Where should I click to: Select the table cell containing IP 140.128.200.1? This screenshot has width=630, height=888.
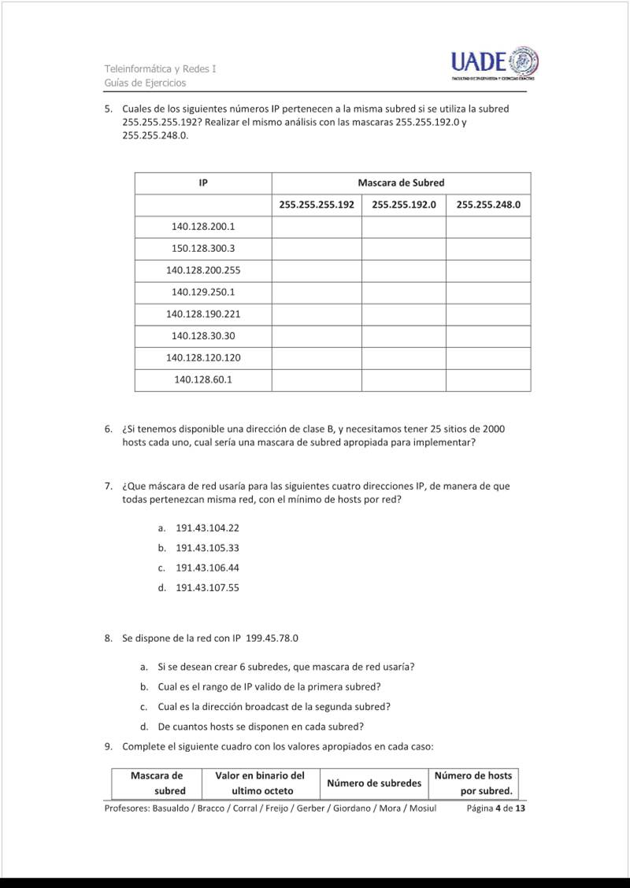coord(203,227)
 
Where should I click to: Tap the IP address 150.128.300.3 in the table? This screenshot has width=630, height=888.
coord(203,249)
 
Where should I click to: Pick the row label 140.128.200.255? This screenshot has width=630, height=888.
coord(203,270)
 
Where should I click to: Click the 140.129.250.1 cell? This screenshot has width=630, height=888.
coord(203,292)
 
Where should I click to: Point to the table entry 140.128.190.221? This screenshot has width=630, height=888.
coord(203,314)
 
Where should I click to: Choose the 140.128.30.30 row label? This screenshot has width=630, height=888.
coord(203,336)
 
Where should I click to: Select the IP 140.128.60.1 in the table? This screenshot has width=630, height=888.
coord(203,379)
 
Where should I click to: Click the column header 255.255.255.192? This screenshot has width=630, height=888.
coord(317,205)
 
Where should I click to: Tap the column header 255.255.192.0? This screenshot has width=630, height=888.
coord(404,205)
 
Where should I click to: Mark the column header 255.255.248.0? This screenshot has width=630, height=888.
coord(488,205)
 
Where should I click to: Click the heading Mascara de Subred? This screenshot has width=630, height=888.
coord(401,183)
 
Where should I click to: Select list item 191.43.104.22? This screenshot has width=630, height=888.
coord(207,528)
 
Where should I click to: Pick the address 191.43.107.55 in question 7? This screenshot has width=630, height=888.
coord(207,587)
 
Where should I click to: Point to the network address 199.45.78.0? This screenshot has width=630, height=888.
coord(272,638)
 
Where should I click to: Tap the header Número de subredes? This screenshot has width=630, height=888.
coord(374,783)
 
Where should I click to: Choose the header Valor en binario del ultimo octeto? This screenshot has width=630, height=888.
coord(260,783)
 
